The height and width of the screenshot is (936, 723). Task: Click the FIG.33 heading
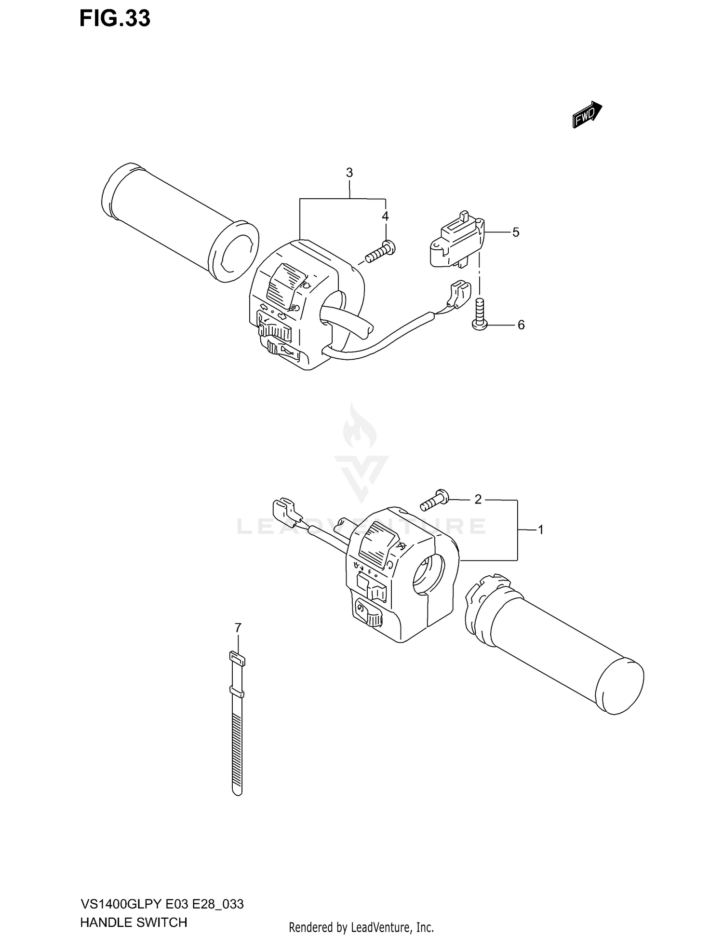coord(115,18)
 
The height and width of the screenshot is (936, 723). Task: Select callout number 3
coord(349,173)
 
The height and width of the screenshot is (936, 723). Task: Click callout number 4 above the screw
coord(385,216)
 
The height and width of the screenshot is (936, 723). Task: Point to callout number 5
coord(516,232)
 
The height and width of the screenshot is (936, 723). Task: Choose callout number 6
coord(521,325)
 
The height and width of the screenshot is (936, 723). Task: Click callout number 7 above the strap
coord(238,628)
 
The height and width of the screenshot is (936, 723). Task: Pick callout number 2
coord(478,500)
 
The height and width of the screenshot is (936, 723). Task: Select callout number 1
coord(541,530)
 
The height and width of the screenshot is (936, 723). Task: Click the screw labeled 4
coord(381,252)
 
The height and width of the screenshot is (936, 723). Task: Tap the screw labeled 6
coord(480,314)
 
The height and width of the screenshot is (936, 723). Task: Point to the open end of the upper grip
coord(235,251)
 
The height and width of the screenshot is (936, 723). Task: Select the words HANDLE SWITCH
coord(134,922)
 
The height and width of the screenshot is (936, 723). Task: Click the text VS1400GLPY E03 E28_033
coord(162,904)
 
